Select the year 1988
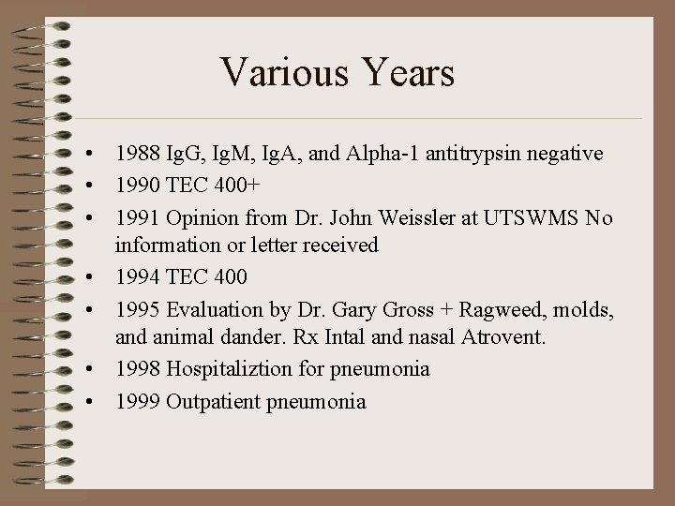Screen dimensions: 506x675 [137, 153]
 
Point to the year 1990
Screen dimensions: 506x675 [137, 184]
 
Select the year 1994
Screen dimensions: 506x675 [137, 276]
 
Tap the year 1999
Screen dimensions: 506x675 [137, 401]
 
